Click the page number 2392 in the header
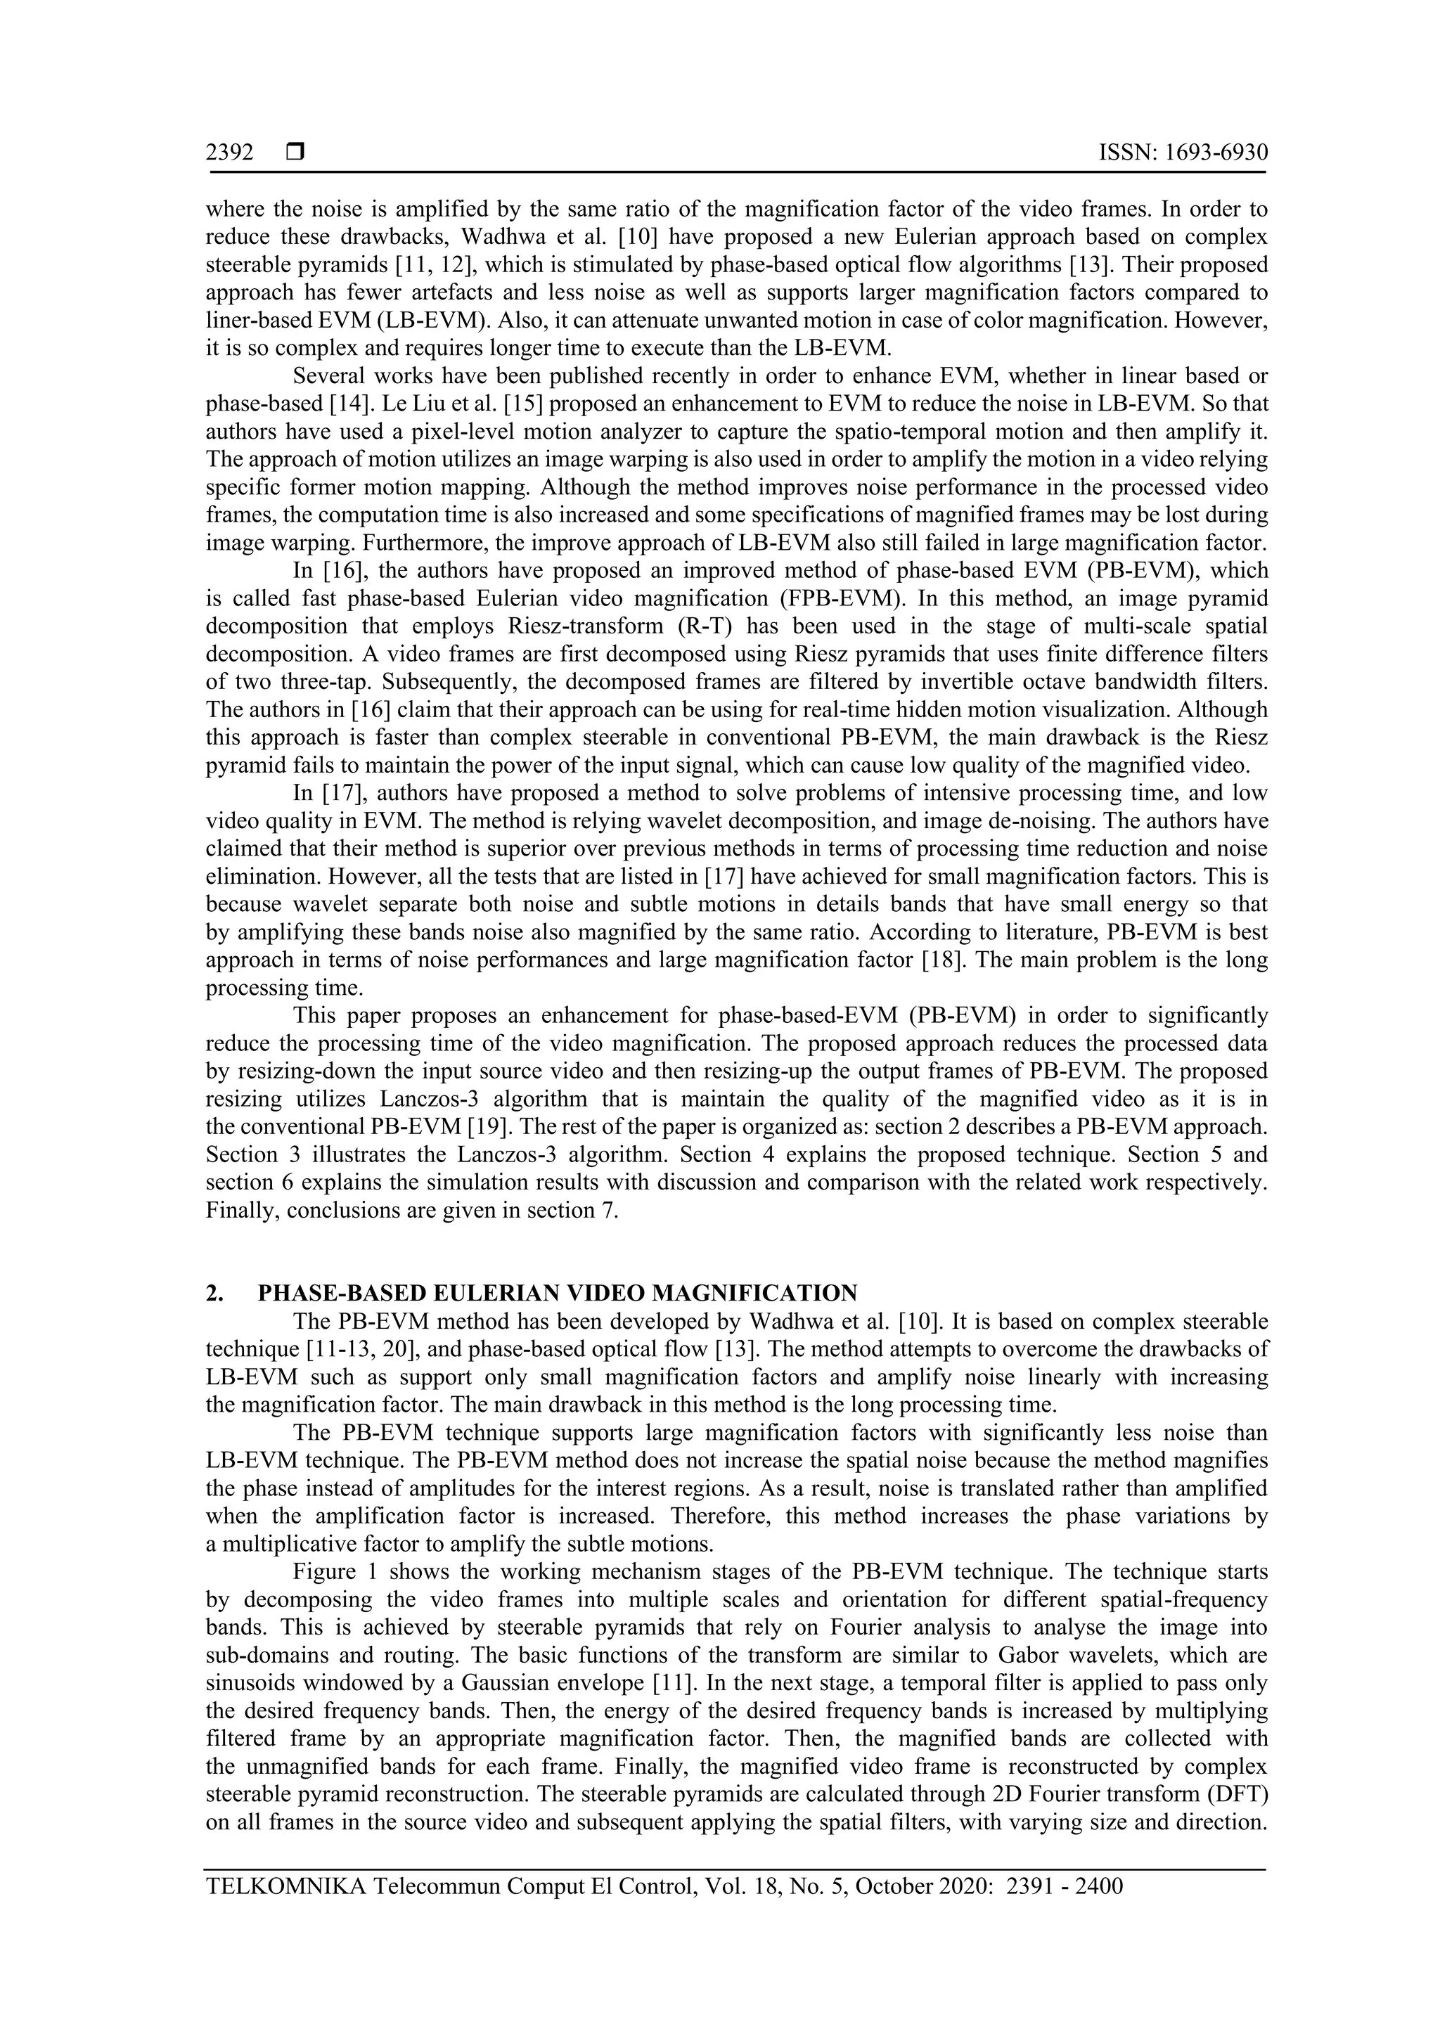[230, 153]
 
